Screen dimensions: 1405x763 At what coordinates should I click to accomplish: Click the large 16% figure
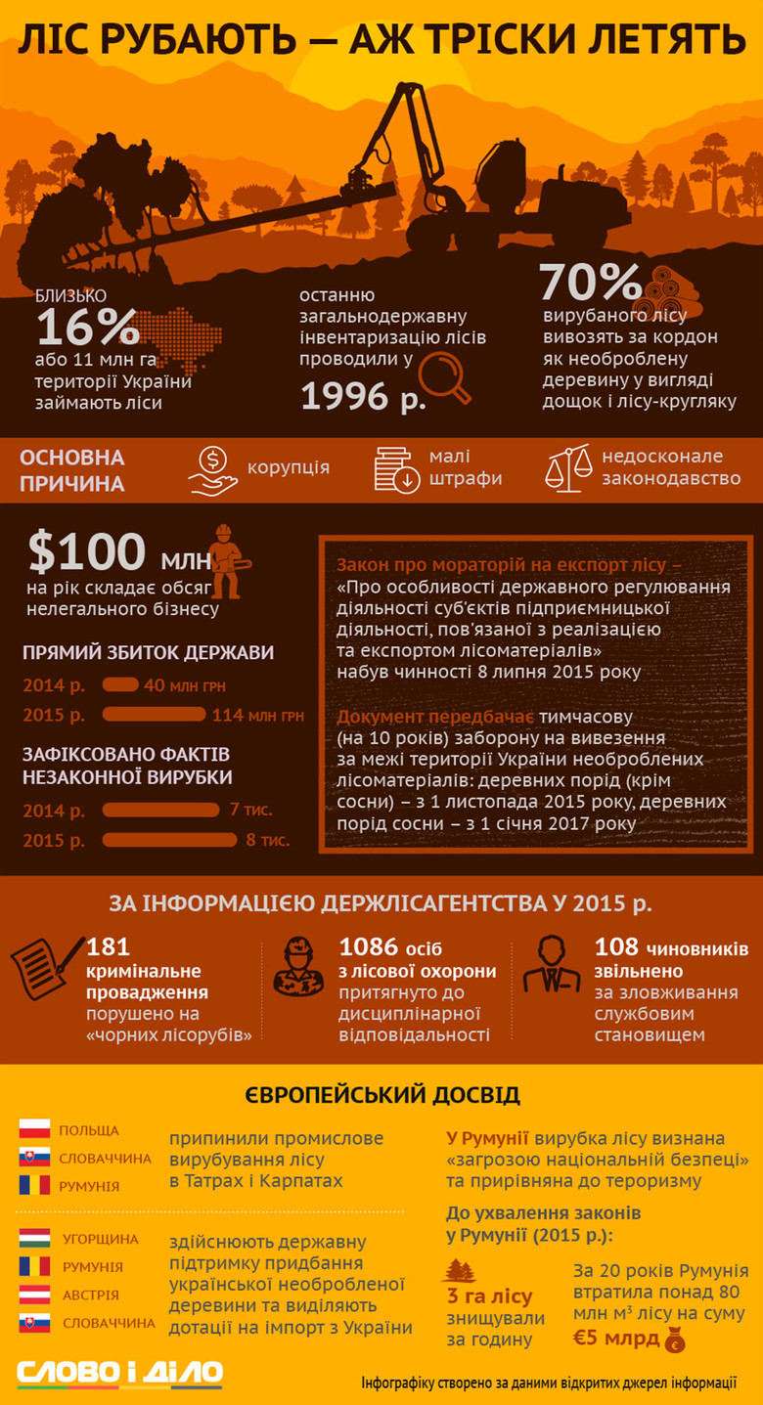coord(87,327)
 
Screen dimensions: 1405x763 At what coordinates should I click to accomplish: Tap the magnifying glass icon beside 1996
coord(444,378)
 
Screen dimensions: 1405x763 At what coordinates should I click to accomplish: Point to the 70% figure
coord(590,283)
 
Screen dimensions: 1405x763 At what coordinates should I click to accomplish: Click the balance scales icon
coord(568,467)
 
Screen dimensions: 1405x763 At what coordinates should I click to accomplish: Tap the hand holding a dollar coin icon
coord(213,468)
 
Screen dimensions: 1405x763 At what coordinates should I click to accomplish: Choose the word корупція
coord(289,467)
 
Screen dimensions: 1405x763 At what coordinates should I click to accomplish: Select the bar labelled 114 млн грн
coord(154,715)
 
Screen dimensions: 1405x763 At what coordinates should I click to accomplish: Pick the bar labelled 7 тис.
coord(160,810)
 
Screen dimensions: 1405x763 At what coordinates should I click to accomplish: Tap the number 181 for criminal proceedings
coord(108,946)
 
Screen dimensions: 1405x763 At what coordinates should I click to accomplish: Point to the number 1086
coord(369,946)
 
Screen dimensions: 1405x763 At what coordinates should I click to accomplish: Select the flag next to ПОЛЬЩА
coord(34,1129)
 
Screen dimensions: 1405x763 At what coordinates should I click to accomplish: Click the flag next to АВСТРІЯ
coord(34,1295)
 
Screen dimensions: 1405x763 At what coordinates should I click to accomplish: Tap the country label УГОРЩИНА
coord(101,1239)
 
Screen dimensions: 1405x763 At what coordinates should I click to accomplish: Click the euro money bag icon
coord(674,1340)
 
